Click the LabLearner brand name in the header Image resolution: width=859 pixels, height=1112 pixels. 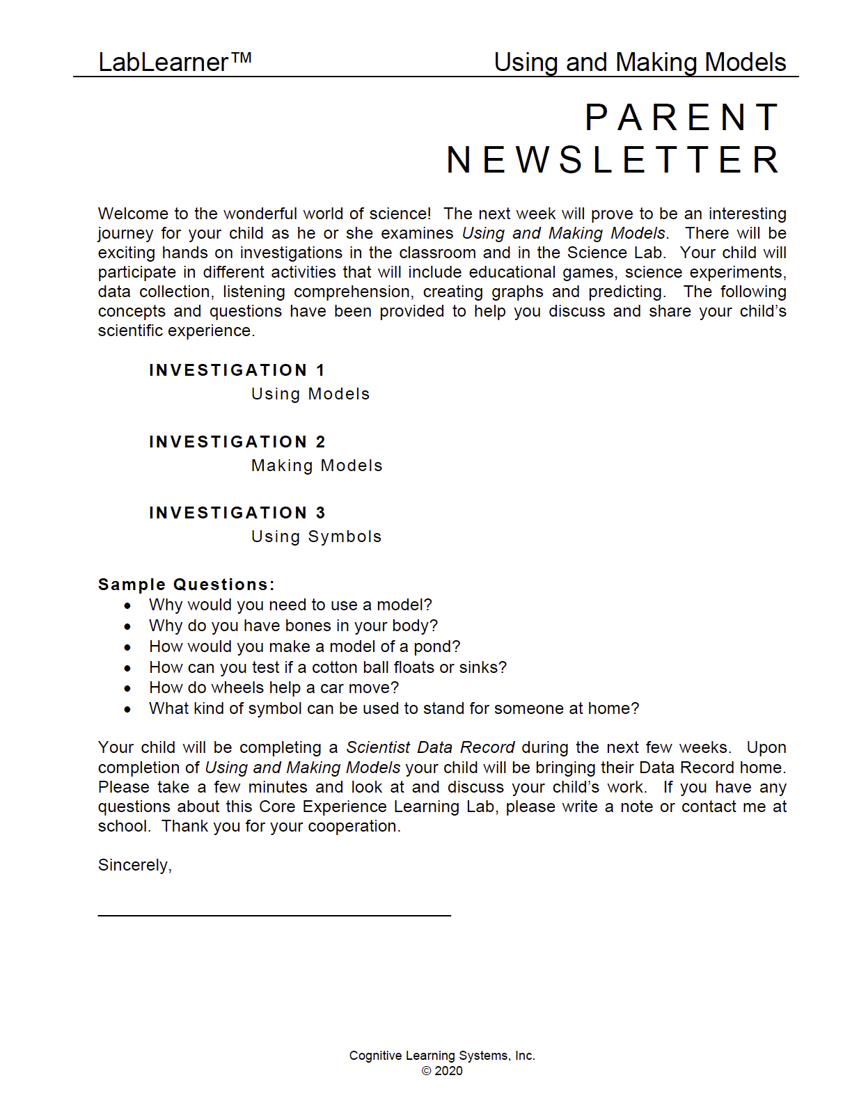pos(164,63)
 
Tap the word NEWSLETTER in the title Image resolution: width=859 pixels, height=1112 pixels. pos(613,160)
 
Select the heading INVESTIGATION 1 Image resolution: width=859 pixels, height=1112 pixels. pos(237,370)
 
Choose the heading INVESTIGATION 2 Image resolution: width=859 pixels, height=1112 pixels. pos(237,442)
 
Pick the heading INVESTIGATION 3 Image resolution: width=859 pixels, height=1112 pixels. pos(237,513)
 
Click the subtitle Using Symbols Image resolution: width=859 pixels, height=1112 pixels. pos(316,537)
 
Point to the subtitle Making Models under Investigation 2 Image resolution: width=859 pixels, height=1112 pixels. pos(317,466)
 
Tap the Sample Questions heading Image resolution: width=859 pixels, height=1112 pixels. pos(186,585)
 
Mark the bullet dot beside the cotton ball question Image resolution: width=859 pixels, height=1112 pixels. pos(127,668)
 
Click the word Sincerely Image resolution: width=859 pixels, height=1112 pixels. pos(134,865)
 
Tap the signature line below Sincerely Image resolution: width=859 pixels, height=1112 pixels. pos(274,915)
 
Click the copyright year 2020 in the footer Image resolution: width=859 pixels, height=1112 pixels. pos(448,1071)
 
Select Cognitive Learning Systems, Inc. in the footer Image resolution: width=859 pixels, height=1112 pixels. pos(442,1056)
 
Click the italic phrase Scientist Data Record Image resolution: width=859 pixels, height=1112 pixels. pos(430,747)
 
